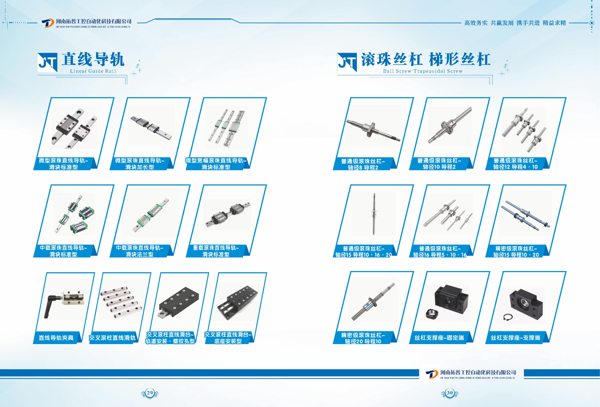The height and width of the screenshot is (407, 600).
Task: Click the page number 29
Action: pyautogui.click(x=150, y=393)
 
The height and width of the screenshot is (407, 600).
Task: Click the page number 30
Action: pyautogui.click(x=450, y=393)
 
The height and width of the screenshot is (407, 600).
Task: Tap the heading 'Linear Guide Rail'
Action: pyautogui.click(x=93, y=71)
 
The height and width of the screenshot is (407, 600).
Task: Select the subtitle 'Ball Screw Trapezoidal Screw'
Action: pyautogui.click(x=423, y=71)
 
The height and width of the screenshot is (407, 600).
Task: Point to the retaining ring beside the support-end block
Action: pyautogui.click(x=508, y=317)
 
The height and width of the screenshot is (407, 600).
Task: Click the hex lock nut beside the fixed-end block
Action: pyautogui.click(x=432, y=314)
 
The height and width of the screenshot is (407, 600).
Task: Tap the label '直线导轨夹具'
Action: pyautogui.click(x=56, y=338)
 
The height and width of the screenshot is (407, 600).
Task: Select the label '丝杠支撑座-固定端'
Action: pyautogui.click(x=439, y=338)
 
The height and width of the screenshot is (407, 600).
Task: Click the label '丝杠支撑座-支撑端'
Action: pyautogui.click(x=515, y=338)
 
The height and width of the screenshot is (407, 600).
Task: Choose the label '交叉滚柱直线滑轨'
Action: pyautogui.click(x=112, y=338)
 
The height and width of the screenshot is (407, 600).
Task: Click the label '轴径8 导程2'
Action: pyautogui.click(x=363, y=167)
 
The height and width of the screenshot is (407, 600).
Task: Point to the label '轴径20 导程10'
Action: pyautogui.click(x=363, y=341)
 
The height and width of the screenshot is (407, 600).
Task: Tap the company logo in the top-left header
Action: pyautogui.click(x=47, y=23)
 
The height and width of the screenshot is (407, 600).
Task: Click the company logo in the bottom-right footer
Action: pyautogui.click(x=432, y=374)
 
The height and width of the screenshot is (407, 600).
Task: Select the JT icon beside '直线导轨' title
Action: pyautogui.click(x=47, y=62)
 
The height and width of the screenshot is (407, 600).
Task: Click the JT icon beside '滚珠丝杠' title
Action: pyautogui.click(x=347, y=62)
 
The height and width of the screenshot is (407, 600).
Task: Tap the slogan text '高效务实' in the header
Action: pyautogui.click(x=476, y=23)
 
